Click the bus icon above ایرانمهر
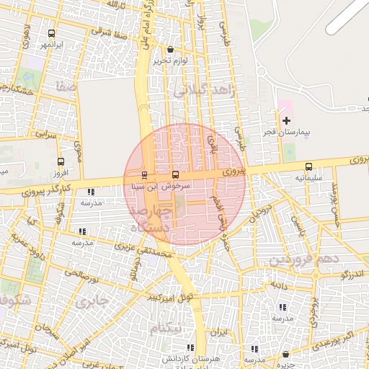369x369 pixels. pyautogui.click(x=51, y=33)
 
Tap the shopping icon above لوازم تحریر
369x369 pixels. pyautogui.click(x=170, y=50)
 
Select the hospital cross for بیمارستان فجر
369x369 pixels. pyautogui.click(x=287, y=120)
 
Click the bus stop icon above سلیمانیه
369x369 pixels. pyautogui.click(x=309, y=166)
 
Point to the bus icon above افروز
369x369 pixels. pyautogui.click(x=60, y=162)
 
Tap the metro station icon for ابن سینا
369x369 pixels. pyautogui.click(x=144, y=175)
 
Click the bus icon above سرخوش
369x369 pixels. pyautogui.click(x=176, y=175)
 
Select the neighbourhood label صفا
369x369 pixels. pyautogui.click(x=66, y=86)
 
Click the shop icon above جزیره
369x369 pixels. pyautogui.click(x=288, y=355)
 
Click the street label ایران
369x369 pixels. pyautogui.click(x=218, y=333)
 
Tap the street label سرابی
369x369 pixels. pyautogui.click(x=46, y=134)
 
